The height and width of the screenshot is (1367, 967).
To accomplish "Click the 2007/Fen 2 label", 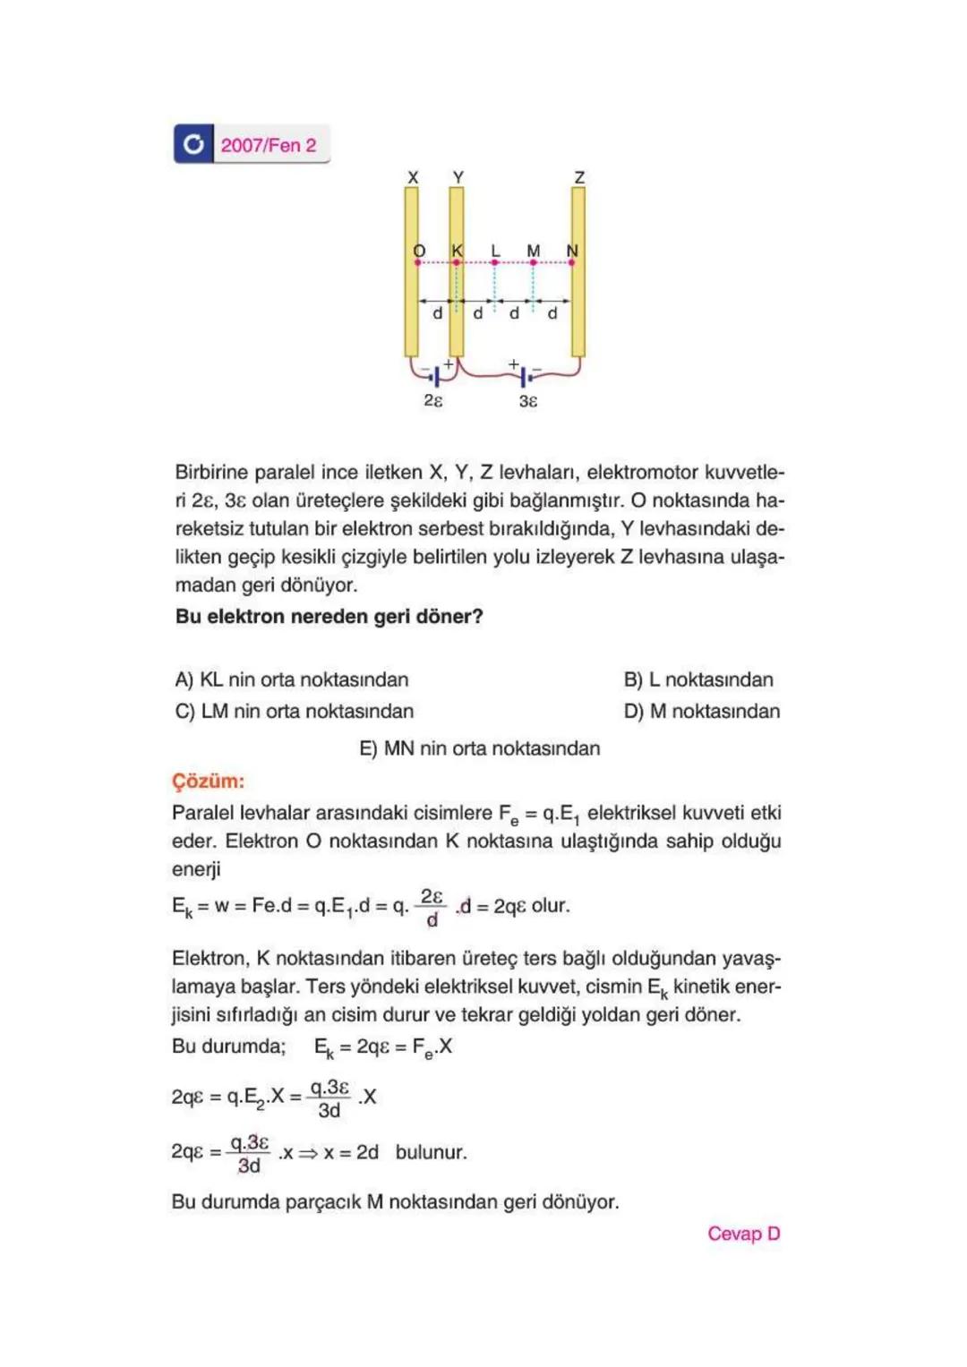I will [269, 145].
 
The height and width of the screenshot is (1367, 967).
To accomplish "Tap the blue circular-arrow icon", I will [193, 144].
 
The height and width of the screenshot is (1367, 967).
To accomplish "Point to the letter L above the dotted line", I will [495, 251].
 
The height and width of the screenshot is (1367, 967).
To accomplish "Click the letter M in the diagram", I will [534, 251].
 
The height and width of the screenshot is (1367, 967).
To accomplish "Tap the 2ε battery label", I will [433, 400].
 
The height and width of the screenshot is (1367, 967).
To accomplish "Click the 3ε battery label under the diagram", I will [528, 401].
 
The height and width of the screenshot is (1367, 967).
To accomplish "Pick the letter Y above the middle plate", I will [458, 177].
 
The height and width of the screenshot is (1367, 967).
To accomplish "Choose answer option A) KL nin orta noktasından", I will [292, 679].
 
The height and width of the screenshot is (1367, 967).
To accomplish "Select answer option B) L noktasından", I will [698, 679].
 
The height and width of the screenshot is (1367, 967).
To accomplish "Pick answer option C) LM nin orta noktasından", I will [295, 711].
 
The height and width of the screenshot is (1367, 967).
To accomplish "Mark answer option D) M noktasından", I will [702, 711].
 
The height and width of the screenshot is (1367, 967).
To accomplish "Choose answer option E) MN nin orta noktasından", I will [480, 748].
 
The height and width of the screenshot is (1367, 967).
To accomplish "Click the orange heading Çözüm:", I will [208, 781].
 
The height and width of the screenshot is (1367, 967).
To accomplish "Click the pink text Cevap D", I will [743, 1234].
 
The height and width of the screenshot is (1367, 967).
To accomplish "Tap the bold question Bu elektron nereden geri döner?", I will [329, 617].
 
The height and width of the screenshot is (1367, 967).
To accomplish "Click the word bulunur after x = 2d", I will [431, 1152].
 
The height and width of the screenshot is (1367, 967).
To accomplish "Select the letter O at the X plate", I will [419, 251].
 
